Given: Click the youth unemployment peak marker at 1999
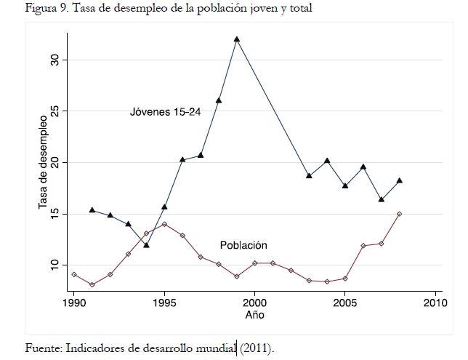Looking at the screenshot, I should coord(237,39).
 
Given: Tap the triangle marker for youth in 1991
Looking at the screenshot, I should coord(92,210).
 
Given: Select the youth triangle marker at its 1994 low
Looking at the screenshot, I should coord(147,245).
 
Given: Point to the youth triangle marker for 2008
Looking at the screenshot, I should coord(400,180).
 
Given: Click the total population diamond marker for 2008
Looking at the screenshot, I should coord(400,214).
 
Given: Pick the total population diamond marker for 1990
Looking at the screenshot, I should coord(74,274).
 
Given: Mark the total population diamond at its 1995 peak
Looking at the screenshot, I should coord(164,224).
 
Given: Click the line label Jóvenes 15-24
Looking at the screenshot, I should coord(165,111).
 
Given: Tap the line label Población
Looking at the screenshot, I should coord(243,245).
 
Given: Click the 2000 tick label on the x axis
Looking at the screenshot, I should coord(254,302).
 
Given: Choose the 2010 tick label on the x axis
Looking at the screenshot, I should coord(435,302).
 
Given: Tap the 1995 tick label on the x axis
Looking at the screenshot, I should coord(164,302).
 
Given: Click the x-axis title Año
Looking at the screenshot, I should coord(254,316).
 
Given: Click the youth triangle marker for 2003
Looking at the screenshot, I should coord(309,176).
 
